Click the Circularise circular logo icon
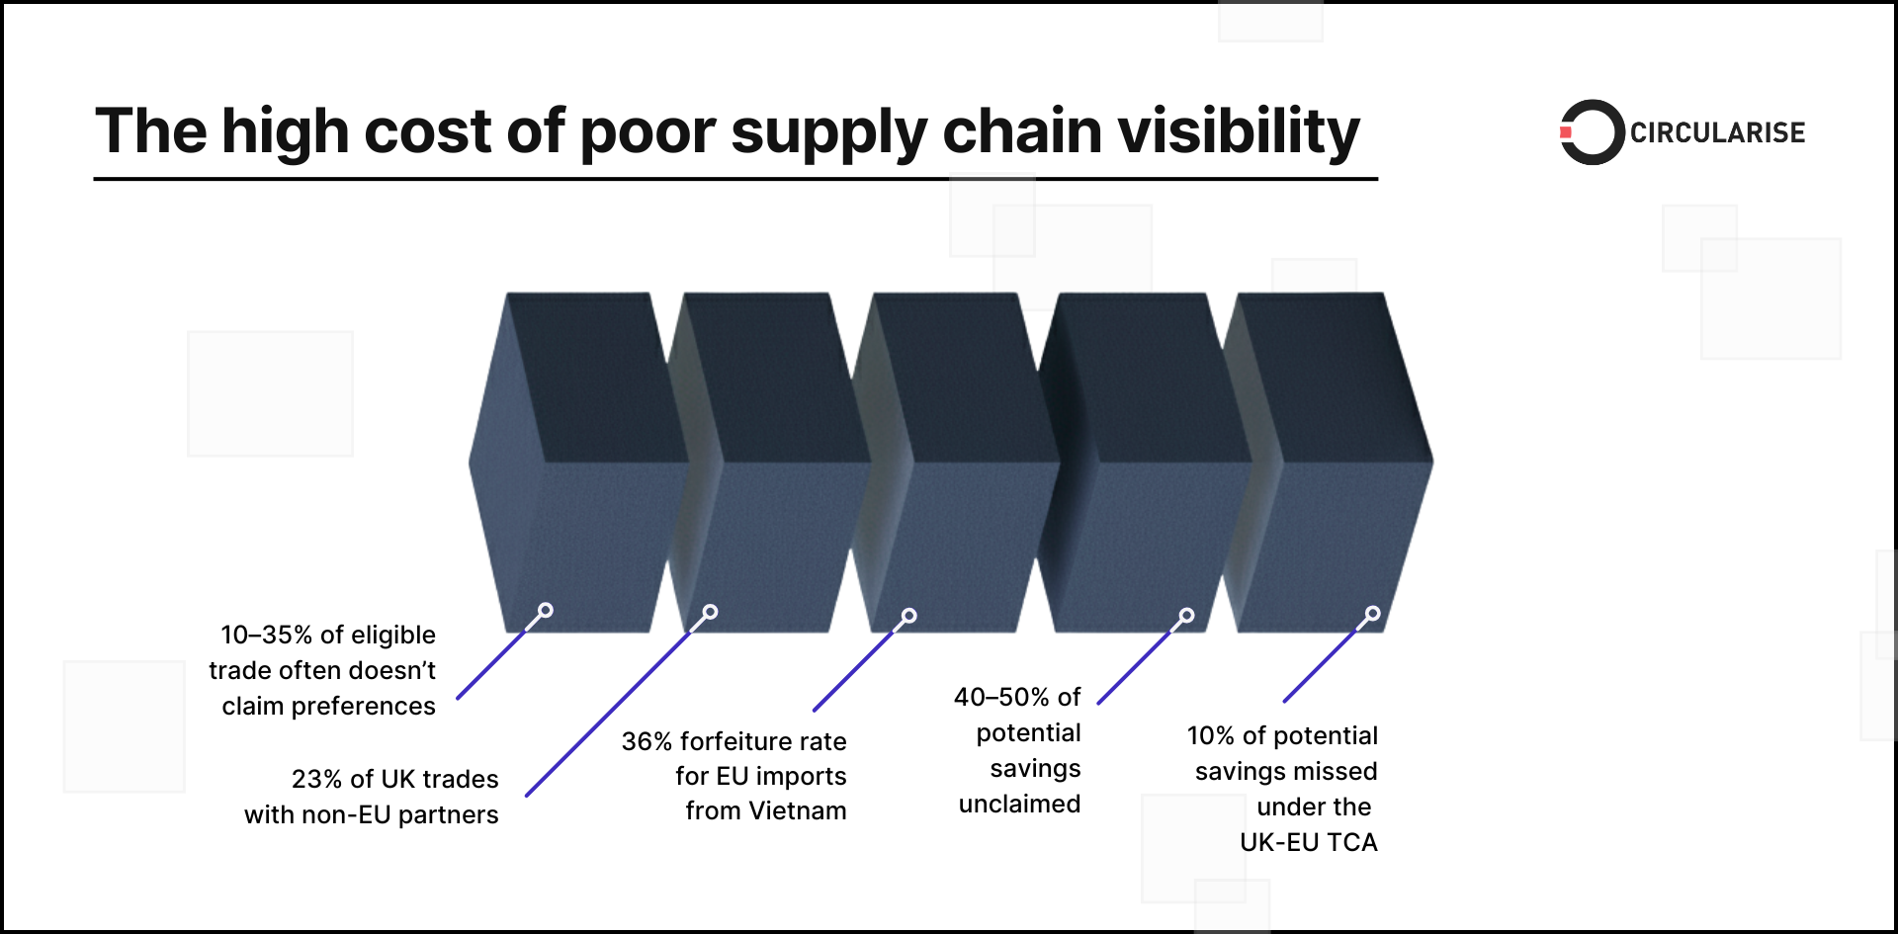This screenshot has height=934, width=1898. (x=1592, y=132)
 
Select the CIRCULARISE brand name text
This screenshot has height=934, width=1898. (x=1717, y=132)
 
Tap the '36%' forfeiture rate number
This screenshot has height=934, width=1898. (x=647, y=741)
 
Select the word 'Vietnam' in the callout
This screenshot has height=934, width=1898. (x=797, y=810)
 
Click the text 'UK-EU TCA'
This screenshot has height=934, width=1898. (x=1308, y=842)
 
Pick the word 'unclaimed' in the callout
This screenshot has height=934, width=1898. (x=1019, y=804)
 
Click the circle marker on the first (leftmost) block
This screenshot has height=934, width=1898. (x=545, y=611)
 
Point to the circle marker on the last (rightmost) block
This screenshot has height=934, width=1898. (x=1372, y=614)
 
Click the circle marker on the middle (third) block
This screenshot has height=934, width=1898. (x=908, y=616)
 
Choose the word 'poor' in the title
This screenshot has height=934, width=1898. (x=647, y=131)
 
